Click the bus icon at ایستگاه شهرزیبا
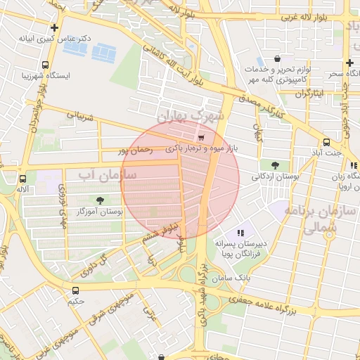pos(46,65)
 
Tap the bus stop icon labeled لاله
pos(22,179)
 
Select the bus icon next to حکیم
pos(75,290)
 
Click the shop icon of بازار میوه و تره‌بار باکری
pos(202,138)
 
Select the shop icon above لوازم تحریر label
pos(277,60)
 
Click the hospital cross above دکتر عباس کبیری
pos(54,27)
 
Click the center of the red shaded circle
pos(180,180)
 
